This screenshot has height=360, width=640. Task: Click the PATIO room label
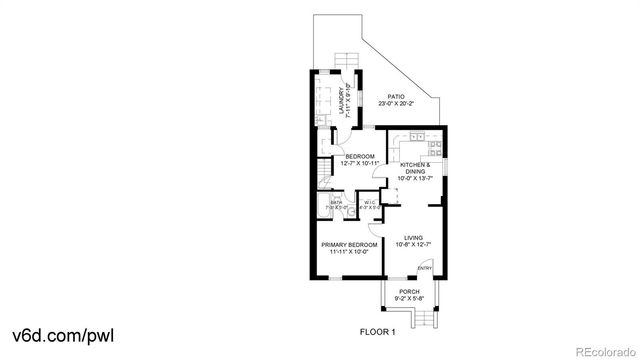pyautogui.click(x=397, y=97)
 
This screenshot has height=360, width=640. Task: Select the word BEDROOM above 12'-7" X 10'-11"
pyautogui.click(x=360, y=156)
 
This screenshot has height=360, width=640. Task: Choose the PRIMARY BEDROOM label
pyautogui.click(x=349, y=245)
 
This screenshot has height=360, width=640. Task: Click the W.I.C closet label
pyautogui.click(x=369, y=203)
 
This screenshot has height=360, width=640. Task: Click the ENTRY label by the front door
pyautogui.click(x=424, y=267)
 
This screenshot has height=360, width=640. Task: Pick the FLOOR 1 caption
pyautogui.click(x=378, y=331)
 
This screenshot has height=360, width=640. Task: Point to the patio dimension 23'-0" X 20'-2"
pyautogui.click(x=397, y=104)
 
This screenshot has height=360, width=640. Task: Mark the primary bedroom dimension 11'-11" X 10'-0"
pyautogui.click(x=349, y=252)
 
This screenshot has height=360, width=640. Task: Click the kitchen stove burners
pyautogui.click(x=420, y=137)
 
